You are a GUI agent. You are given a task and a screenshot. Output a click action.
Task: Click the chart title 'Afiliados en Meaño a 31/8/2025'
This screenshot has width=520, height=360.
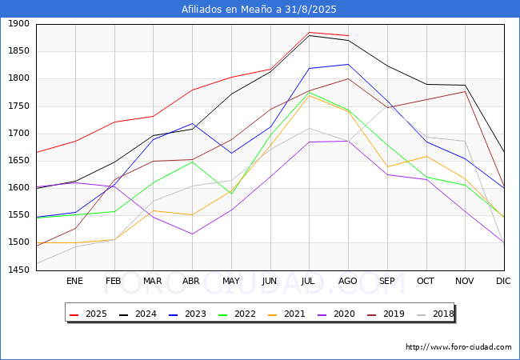258,10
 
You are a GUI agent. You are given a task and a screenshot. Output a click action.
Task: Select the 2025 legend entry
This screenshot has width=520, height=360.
88,314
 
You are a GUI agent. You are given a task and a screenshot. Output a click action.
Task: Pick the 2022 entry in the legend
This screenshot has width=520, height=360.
237,314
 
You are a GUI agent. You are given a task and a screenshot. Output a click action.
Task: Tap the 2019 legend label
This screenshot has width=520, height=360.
386,314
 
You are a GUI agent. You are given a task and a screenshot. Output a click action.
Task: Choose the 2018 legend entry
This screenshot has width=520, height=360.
435,314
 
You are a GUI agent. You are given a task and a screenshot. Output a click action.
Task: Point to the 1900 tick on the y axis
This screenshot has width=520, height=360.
18,24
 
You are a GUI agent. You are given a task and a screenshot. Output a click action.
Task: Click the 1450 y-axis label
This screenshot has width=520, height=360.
18,270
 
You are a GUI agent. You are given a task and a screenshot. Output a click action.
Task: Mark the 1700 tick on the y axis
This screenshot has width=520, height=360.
18,134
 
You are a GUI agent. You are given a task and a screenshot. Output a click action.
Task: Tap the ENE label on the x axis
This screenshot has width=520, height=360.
74,281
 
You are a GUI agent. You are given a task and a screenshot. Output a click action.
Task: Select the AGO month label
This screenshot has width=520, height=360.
347,281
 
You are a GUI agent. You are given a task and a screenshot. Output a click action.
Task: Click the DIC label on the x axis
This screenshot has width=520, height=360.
503,281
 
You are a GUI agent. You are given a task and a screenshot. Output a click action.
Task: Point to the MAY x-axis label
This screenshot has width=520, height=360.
231,281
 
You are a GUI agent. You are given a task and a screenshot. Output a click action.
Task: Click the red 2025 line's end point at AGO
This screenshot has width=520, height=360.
348,35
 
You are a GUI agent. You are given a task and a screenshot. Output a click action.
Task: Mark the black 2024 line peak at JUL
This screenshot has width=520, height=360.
309,35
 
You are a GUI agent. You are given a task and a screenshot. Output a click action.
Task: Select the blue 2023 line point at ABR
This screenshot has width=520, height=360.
192,124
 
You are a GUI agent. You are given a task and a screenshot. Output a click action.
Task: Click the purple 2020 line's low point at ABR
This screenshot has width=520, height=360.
192,234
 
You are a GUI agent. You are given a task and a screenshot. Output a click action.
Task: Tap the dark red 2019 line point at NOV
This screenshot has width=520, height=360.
465,91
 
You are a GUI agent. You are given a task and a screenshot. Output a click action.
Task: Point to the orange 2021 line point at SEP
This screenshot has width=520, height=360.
387,166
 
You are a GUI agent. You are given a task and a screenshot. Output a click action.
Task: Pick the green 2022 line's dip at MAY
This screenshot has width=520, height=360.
231,194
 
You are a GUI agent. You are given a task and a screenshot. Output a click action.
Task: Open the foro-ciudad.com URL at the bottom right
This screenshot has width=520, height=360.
458,347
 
